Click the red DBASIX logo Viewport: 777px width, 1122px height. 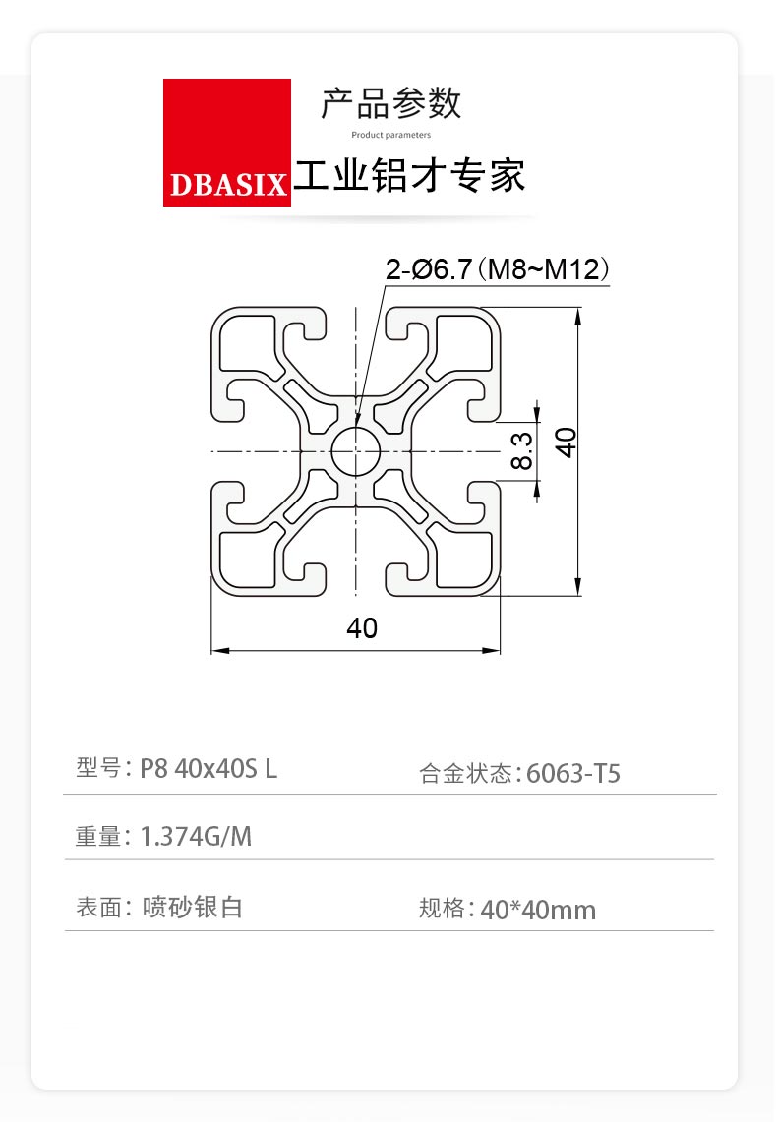coord(227,143)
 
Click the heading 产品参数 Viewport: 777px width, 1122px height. coord(390,104)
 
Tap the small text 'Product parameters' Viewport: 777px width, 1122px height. coord(390,135)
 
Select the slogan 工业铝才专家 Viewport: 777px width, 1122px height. coord(409,176)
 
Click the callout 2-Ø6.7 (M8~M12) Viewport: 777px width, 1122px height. coord(498,269)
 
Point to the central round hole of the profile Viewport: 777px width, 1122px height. coord(356,451)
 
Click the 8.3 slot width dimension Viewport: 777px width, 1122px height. coord(522,450)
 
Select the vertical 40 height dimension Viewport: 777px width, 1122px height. coord(566,443)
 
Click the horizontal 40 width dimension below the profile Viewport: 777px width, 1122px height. coord(361,627)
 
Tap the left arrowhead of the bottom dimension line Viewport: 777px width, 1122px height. coord(219,650)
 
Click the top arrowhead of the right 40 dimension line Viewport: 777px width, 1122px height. coord(578,317)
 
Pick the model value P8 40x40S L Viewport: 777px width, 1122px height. coord(209,769)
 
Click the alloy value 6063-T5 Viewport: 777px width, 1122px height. coord(573,774)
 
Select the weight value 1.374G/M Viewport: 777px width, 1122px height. coord(196,837)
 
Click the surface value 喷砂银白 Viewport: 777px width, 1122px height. coord(193,908)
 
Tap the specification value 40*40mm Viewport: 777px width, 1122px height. coord(538,911)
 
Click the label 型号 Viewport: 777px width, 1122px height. coord(98,768)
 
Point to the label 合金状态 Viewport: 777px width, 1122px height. coord(465,774)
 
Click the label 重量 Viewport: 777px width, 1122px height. coord(98,836)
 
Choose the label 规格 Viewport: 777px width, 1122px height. coord(442,909)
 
